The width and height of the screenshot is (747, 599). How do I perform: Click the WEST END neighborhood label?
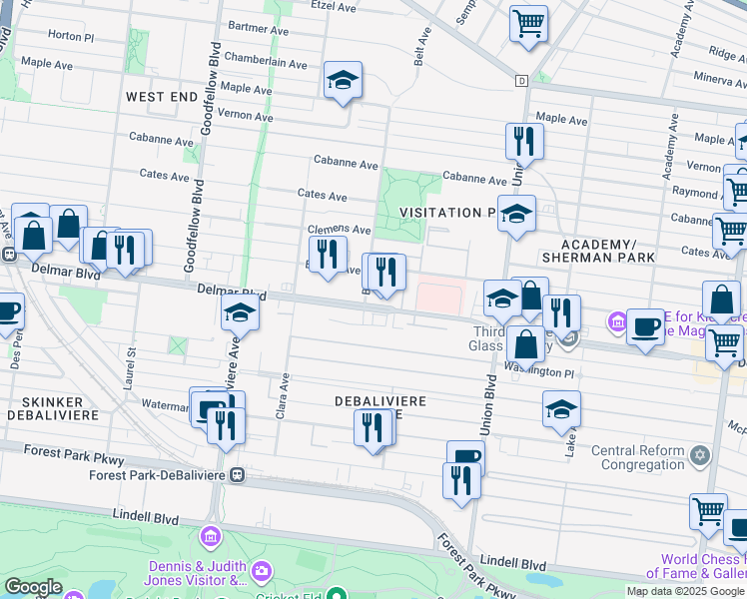point(162,96)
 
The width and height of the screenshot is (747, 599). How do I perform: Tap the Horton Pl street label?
point(69,34)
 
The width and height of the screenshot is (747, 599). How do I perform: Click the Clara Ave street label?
point(284,396)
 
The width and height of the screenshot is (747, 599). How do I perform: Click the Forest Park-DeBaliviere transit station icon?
point(238,475)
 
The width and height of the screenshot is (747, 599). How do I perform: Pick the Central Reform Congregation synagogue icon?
point(700,456)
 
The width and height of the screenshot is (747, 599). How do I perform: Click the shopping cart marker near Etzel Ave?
point(528,22)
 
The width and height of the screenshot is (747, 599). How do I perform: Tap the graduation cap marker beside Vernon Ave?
point(343,81)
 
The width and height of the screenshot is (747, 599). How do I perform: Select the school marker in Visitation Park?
point(516,214)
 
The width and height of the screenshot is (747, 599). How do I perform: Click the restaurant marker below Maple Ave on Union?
point(523,140)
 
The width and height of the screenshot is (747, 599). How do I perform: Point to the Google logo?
point(33,587)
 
